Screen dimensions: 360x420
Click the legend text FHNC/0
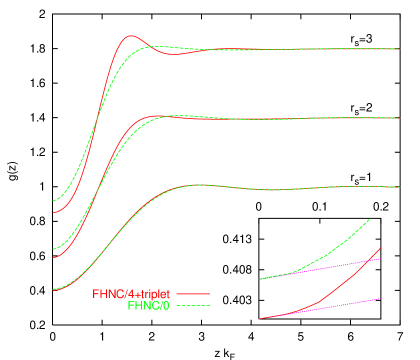coord(148,305)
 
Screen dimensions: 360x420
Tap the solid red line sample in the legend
coord(194,294)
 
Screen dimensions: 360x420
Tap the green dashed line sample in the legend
coord(194,305)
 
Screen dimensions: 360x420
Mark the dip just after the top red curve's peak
coord(176,54)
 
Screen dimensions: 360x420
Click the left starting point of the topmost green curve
coord(54,201)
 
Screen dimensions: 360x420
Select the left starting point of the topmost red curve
coord(54,213)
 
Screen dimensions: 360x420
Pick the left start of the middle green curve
coord(54,249)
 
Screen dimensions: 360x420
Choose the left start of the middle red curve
coord(54,257)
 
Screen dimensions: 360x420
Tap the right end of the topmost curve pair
coord(399,49)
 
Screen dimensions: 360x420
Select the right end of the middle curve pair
coord(399,119)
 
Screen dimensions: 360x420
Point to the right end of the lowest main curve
coord(399,188)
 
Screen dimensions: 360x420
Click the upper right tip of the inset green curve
coord(370,219)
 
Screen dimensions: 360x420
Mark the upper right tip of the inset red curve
coord(381,248)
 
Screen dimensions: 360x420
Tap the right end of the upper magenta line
coord(381,258)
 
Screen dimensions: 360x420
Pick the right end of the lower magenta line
coord(381,298)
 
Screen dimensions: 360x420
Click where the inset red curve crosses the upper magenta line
coord(369,260)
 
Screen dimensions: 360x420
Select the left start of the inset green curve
coord(260,279)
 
